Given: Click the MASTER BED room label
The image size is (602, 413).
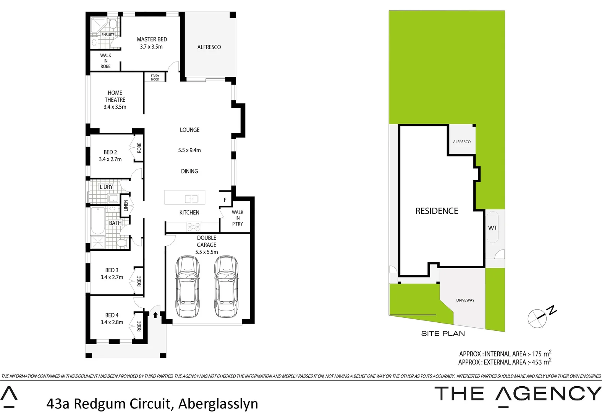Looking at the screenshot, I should pyautogui.click(x=152, y=39).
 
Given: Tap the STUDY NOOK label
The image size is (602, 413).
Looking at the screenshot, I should pyautogui.click(x=155, y=78).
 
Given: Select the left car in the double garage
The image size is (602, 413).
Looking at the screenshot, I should pyautogui.click(x=188, y=287).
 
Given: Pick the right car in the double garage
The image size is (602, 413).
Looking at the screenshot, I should pyautogui.click(x=226, y=287).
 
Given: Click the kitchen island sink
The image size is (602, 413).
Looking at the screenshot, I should pyautogui.click(x=191, y=199).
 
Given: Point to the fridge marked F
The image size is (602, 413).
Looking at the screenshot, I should pyautogui.click(x=225, y=200).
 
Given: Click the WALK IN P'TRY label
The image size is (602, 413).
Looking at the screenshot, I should pyautogui.click(x=237, y=218).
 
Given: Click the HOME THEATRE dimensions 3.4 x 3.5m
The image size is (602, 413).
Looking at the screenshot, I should pyautogui.click(x=115, y=107).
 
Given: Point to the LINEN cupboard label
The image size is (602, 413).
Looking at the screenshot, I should pyautogui.click(x=126, y=205).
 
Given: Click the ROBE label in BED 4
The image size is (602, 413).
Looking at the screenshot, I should pyautogui.click(x=139, y=326).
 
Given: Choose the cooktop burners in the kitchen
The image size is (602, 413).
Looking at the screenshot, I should pyautogui.click(x=194, y=228).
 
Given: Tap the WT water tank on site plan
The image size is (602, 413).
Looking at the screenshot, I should pyautogui.click(x=492, y=228).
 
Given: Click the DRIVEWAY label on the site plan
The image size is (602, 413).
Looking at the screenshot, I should pyautogui.click(x=465, y=300).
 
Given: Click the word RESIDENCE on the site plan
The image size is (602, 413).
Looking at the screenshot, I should pyautogui.click(x=437, y=211).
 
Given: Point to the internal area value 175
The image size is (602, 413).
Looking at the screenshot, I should pyautogui.click(x=537, y=354).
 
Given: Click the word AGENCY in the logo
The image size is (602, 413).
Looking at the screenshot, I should pyautogui.click(x=549, y=394).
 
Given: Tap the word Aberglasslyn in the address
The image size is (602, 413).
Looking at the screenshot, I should pyautogui.click(x=218, y=404).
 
